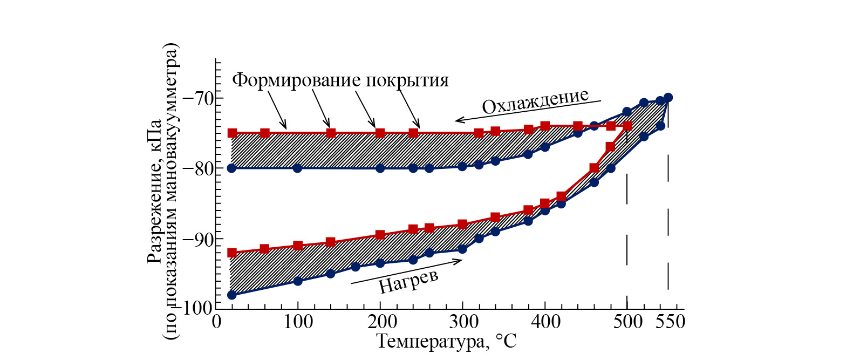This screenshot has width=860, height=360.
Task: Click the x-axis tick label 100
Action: (x=297, y=322)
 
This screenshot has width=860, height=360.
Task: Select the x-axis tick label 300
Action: (x=462, y=322)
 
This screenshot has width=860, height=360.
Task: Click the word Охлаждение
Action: (x=535, y=101)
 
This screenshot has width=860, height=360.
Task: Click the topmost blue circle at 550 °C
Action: (x=668, y=97)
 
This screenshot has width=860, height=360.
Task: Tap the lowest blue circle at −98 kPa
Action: (x=231, y=295)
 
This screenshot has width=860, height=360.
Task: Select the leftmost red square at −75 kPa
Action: (x=232, y=133)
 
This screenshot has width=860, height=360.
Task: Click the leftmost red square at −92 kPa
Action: (x=232, y=253)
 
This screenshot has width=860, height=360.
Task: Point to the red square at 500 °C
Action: (x=627, y=126)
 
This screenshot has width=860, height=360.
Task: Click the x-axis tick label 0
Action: (x=216, y=322)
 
